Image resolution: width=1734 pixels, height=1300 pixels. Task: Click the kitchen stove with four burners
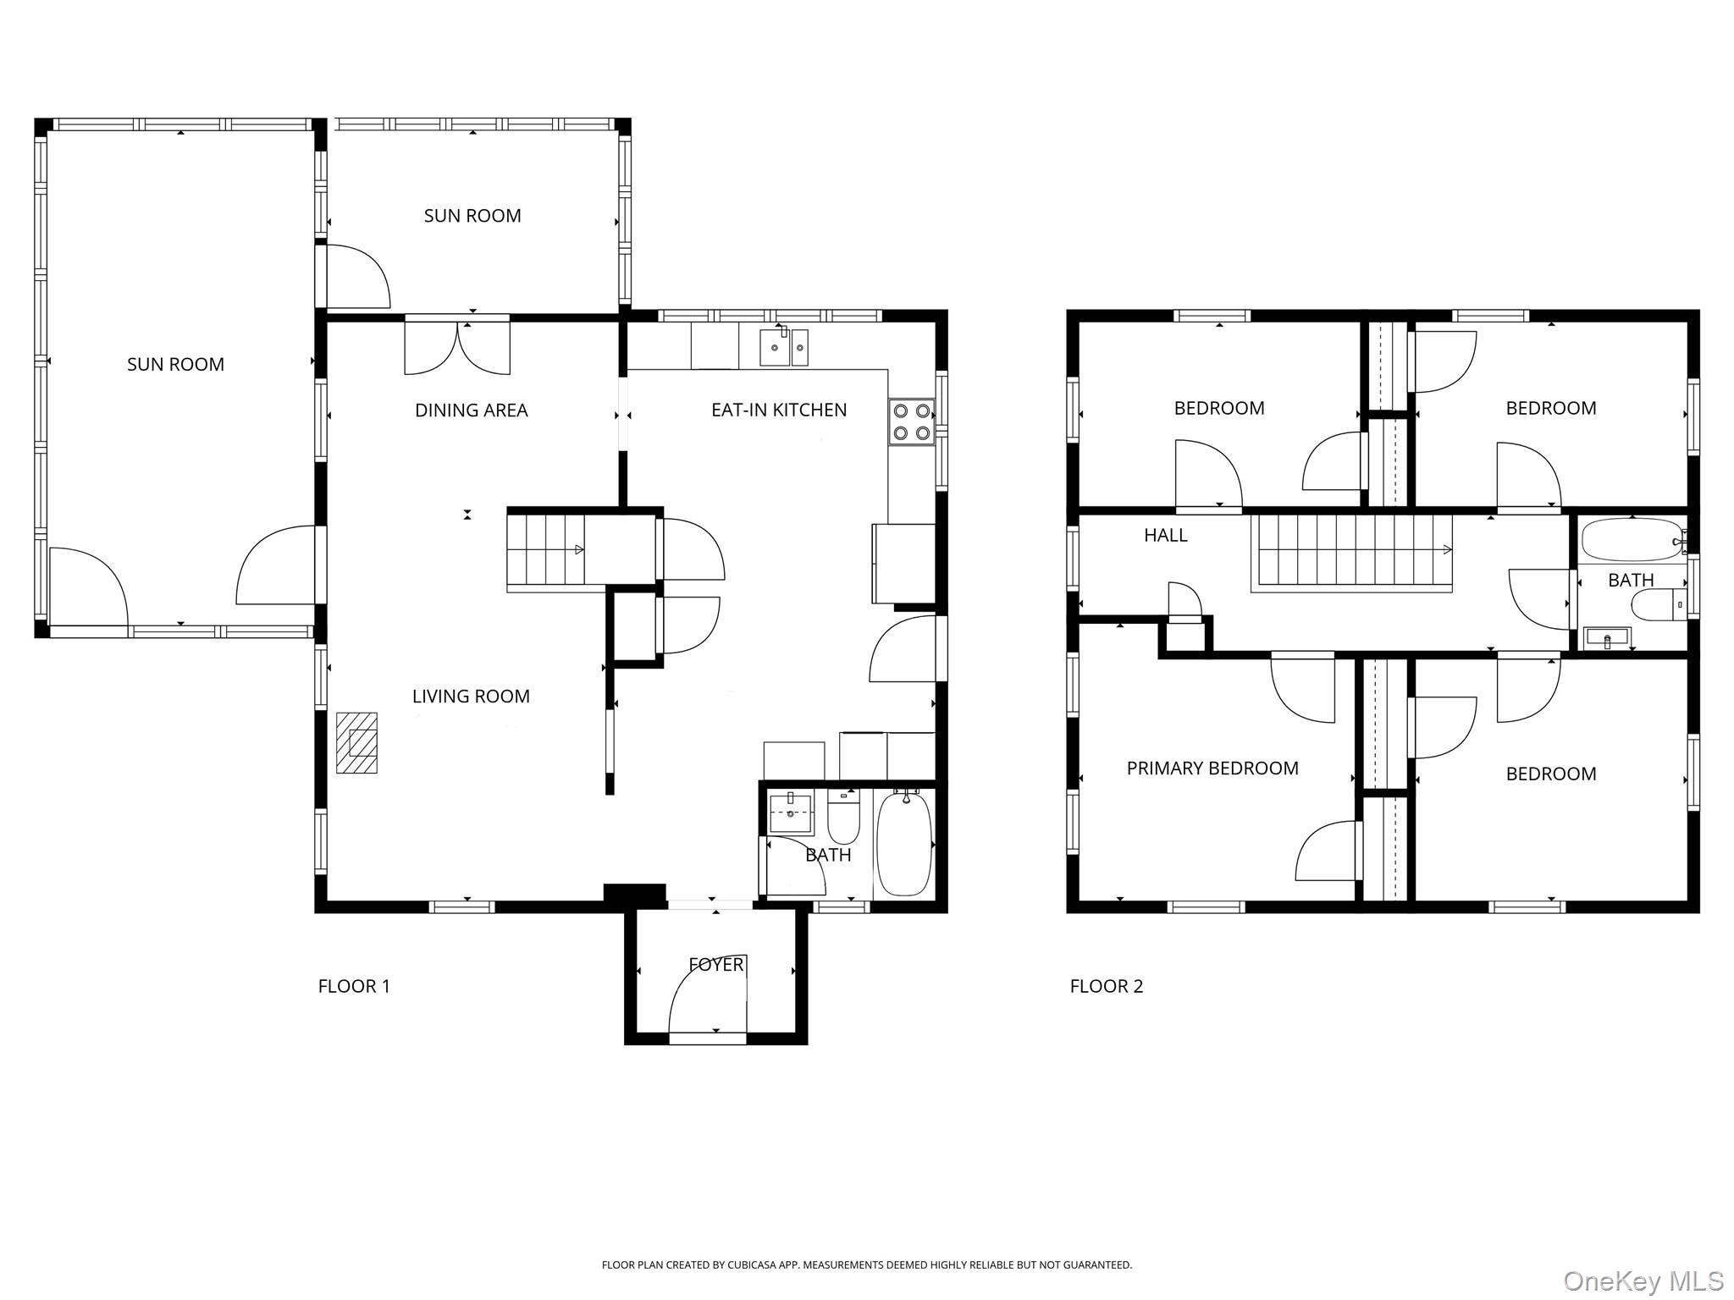coord(911,421)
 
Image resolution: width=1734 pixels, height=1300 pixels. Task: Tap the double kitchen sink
coord(783,347)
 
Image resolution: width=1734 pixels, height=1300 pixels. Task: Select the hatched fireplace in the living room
coord(356,742)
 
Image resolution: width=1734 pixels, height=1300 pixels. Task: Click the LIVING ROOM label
coord(471,697)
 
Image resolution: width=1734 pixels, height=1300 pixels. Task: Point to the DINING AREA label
coord(471,410)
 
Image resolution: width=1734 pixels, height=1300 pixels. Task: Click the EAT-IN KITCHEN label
coord(779,410)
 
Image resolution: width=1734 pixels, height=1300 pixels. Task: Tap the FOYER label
coord(716,964)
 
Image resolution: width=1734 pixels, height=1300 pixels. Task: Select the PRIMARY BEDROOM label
coord(1212,768)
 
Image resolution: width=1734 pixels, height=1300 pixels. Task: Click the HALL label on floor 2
coord(1166,535)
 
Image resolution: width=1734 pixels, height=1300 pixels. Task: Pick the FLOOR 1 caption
coord(354,986)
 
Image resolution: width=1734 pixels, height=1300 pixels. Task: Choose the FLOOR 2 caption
coord(1107,986)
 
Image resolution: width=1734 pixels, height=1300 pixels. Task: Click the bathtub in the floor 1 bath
coord(904,843)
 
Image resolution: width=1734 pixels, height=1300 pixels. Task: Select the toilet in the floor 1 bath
coord(843,816)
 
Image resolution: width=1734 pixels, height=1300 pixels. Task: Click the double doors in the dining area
coord(457,346)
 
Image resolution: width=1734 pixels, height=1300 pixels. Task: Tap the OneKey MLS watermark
coord(1643,1281)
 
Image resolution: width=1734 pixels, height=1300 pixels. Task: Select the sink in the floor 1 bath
coord(790,813)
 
